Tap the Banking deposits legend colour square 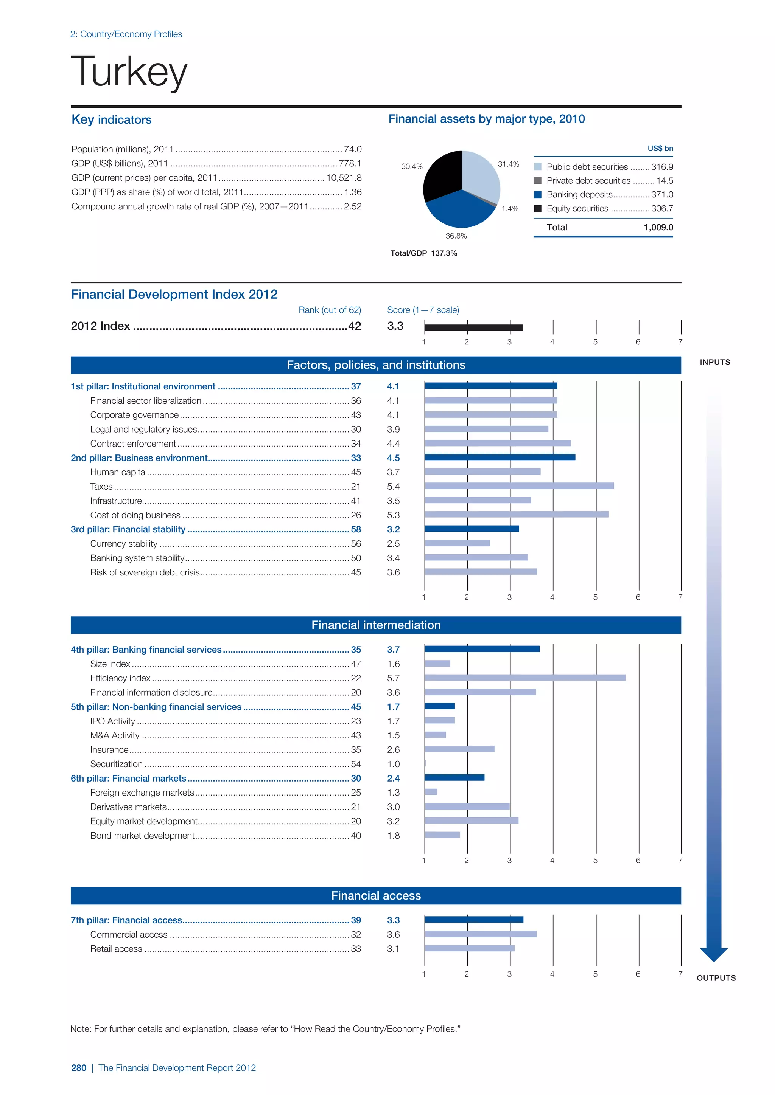point(537,195)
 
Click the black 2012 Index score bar point(473,327)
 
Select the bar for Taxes point(519,486)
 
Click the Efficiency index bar point(524,678)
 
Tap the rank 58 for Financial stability point(356,529)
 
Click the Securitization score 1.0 point(393,764)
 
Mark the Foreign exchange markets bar point(431,792)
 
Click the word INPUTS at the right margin point(714,363)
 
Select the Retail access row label point(116,949)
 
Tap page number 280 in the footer point(79,1068)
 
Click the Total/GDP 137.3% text point(423,253)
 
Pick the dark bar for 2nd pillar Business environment point(499,458)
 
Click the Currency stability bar point(457,543)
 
